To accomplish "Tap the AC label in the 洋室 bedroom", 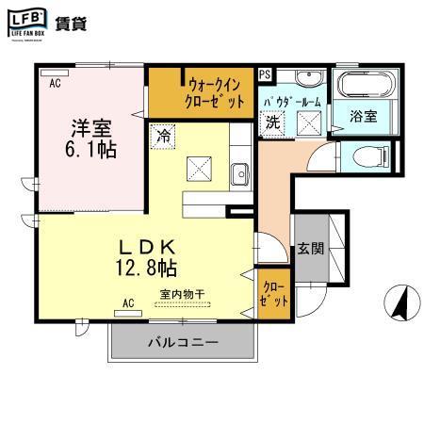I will click(55, 84).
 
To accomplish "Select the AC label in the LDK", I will click(128, 303).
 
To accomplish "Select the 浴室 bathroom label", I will click(363, 118).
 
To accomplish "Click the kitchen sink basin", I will click(240, 173).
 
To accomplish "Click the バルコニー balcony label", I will click(183, 341).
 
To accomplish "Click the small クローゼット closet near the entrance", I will click(274, 292).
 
